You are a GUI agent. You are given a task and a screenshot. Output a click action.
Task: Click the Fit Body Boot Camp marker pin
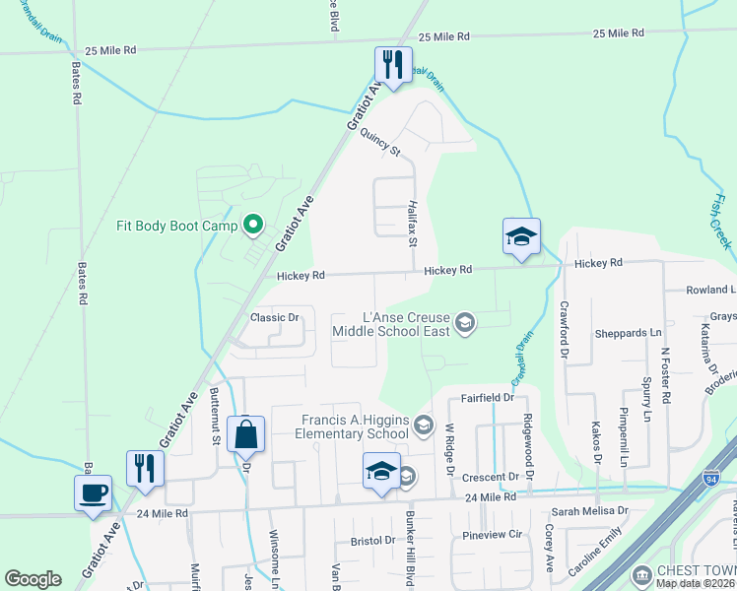click(x=252, y=226)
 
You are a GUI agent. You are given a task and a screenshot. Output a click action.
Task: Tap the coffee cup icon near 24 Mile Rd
click(x=93, y=493)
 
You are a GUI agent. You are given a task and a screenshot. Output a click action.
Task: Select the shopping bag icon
click(x=245, y=434)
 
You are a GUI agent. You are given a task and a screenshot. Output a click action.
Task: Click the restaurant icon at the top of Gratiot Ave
click(x=392, y=66)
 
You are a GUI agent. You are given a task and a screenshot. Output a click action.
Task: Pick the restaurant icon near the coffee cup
click(x=145, y=468)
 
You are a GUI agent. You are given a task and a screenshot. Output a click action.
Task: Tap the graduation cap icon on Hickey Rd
click(x=521, y=236)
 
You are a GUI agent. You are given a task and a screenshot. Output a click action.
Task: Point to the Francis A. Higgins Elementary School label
click(x=355, y=427)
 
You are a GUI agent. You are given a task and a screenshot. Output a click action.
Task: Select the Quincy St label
click(x=381, y=144)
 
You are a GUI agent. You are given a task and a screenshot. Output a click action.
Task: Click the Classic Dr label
click(x=274, y=317)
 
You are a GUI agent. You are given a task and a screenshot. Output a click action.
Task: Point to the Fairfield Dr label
click(x=488, y=398)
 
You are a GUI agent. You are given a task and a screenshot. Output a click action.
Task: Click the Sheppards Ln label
click(x=628, y=333)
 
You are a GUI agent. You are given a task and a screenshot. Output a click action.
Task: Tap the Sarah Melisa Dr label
click(x=589, y=511)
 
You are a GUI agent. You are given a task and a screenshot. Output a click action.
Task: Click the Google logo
click(x=33, y=579)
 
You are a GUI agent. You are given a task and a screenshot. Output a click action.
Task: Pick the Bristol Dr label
click(x=372, y=541)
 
